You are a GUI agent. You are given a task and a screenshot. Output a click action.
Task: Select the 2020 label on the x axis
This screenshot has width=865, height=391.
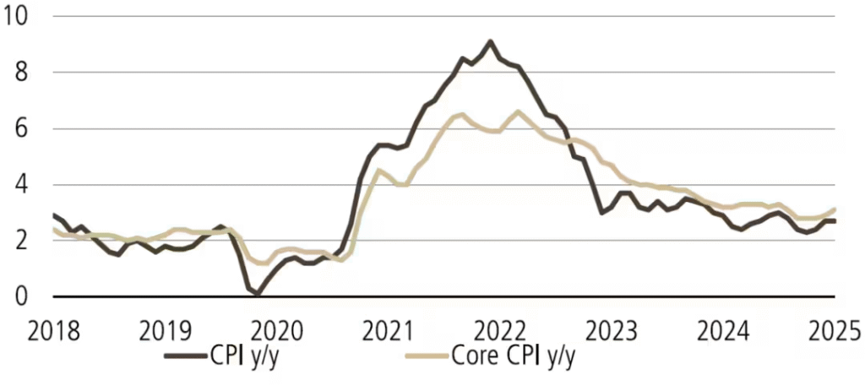pyautogui.click(x=275, y=328)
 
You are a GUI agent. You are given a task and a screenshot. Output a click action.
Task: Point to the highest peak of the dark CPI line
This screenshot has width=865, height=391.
pyautogui.click(x=491, y=41)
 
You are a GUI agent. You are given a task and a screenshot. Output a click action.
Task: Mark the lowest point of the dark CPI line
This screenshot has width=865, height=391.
pyautogui.click(x=258, y=293)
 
